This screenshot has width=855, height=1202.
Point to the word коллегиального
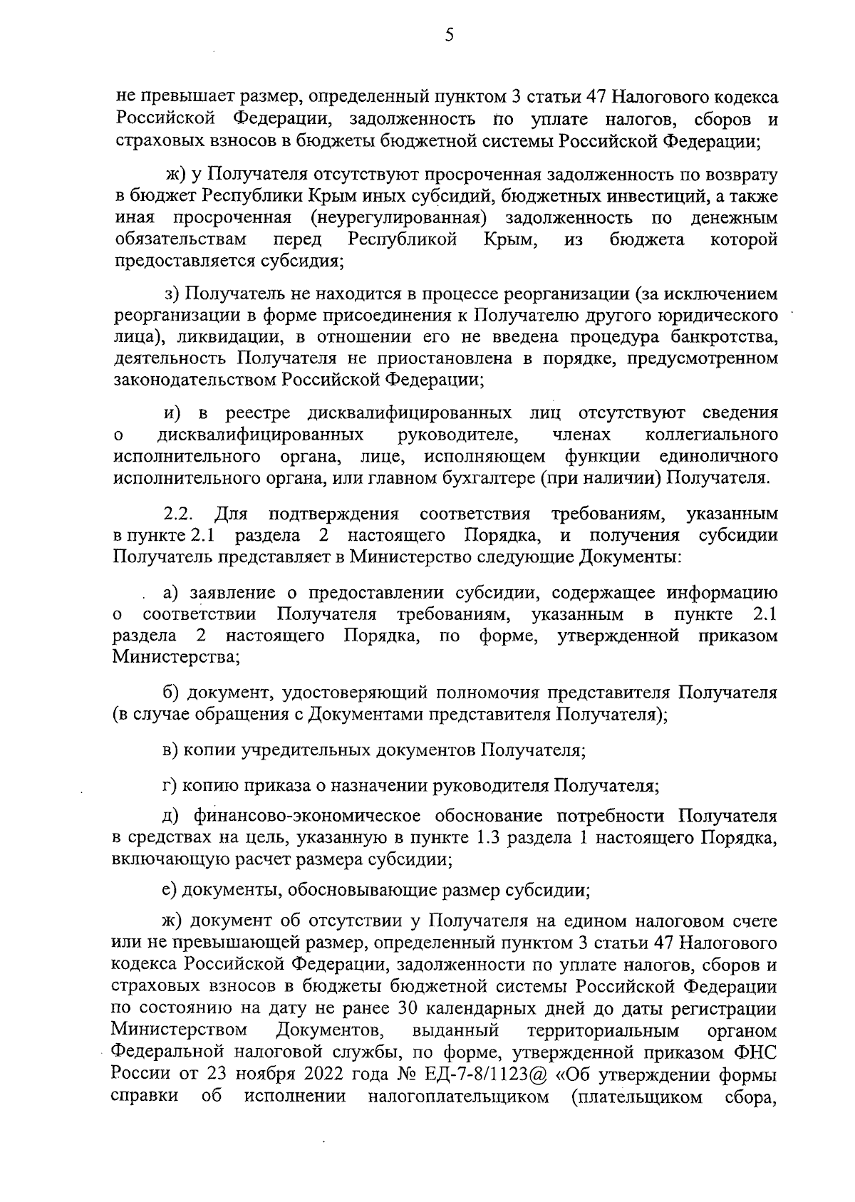[x=711, y=435]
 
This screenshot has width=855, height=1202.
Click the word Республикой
[x=403, y=239]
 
